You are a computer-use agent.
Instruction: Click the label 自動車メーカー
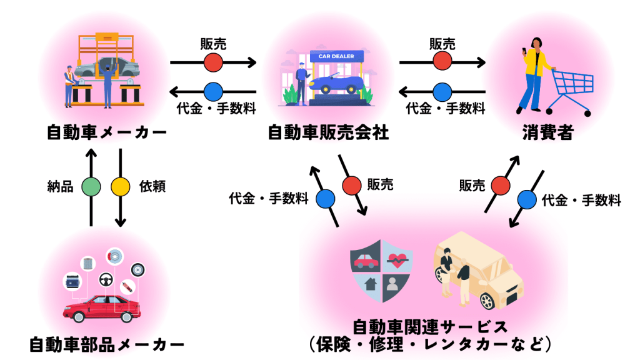click(x=107, y=132)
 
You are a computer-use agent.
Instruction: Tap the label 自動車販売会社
click(x=328, y=132)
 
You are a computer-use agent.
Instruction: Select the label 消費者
click(x=547, y=132)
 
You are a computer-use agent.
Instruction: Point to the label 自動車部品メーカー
click(x=107, y=344)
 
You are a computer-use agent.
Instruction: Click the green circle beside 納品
click(x=91, y=186)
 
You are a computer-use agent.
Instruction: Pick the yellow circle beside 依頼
click(x=120, y=186)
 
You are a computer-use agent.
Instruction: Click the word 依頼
click(x=152, y=186)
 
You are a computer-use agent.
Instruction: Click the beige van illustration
click(x=481, y=269)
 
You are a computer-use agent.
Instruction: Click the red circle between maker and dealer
click(x=213, y=62)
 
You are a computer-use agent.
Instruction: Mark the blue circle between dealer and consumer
click(x=442, y=91)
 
